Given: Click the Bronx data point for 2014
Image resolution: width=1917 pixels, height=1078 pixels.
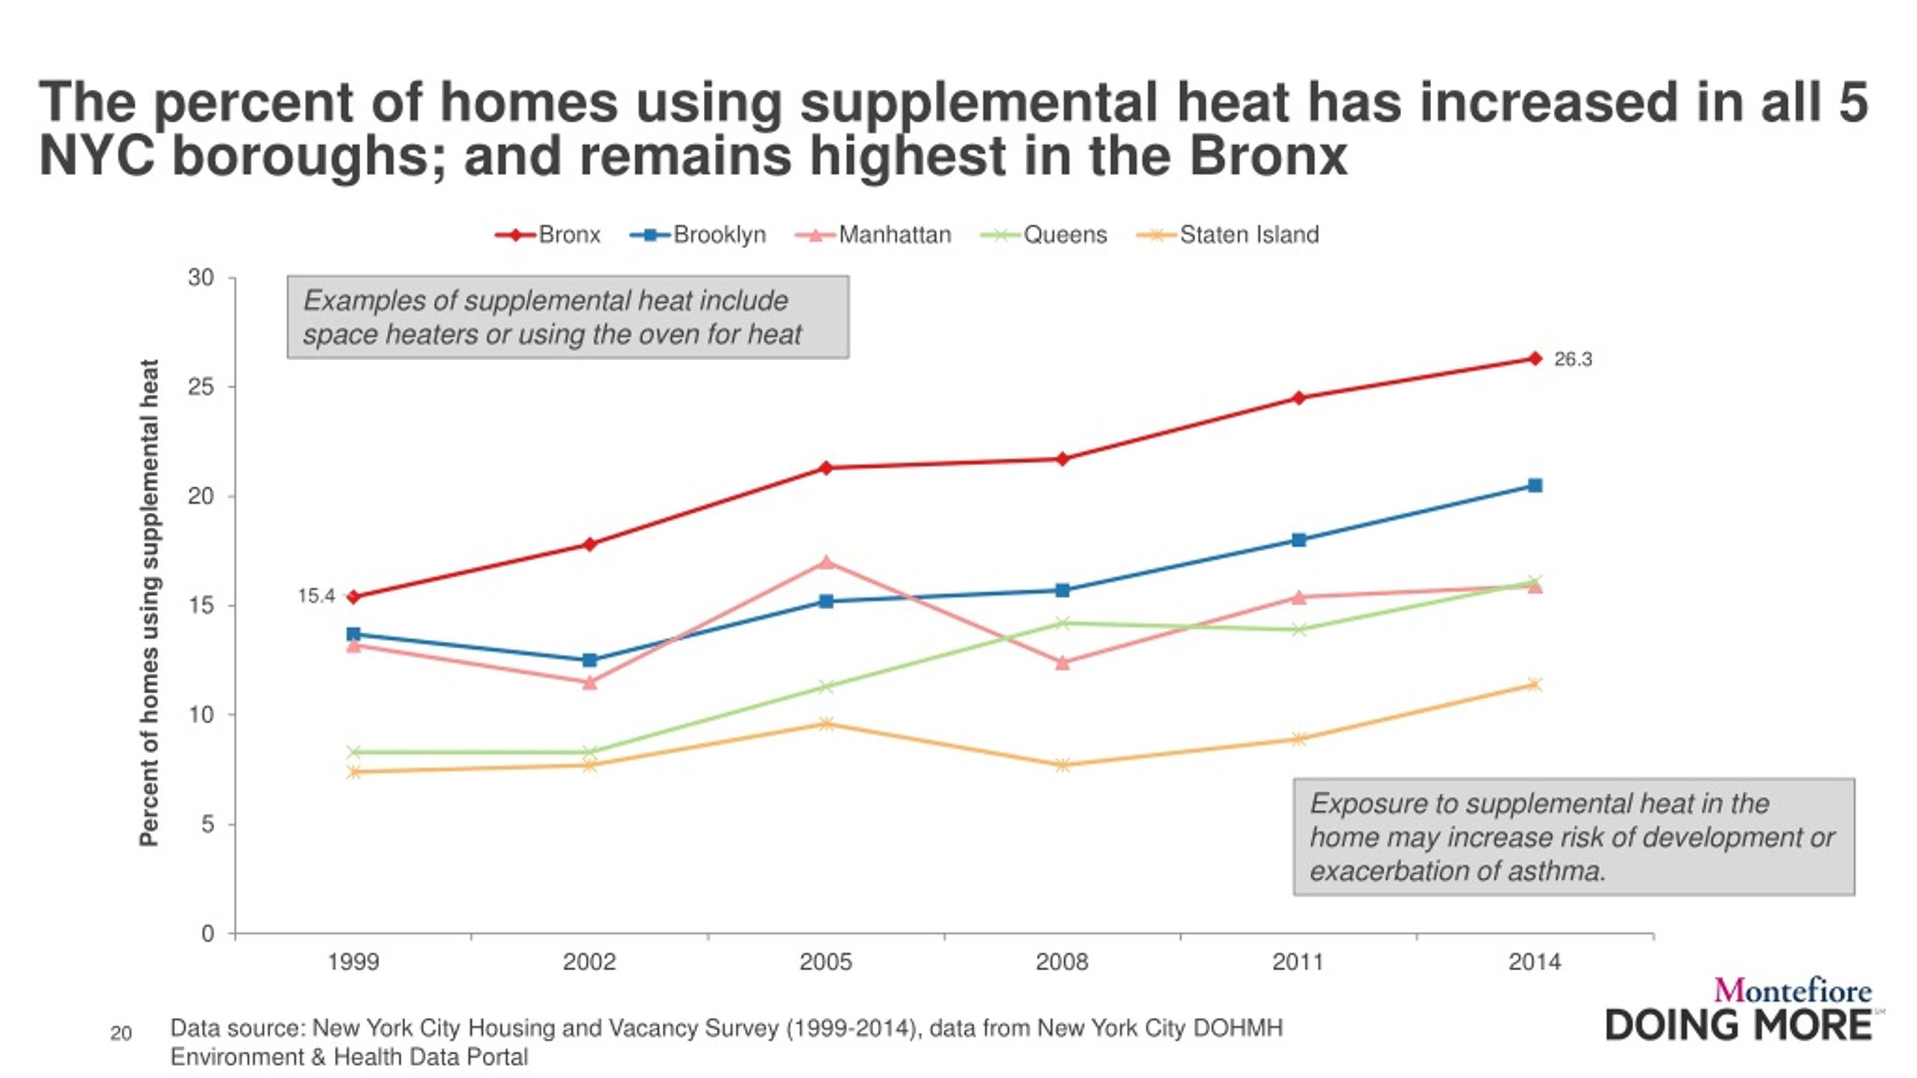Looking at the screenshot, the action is [x=1534, y=359].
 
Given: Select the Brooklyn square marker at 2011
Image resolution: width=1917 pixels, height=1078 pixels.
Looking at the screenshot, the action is [x=1298, y=540].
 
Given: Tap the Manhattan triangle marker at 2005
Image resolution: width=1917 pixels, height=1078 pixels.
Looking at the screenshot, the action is [x=826, y=561].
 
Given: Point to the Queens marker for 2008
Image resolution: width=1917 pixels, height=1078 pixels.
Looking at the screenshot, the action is [x=1062, y=623].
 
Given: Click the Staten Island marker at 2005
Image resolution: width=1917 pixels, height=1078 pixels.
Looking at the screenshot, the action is [x=826, y=723].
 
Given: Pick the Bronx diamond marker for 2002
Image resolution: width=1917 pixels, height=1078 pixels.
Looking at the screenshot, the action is [x=589, y=544].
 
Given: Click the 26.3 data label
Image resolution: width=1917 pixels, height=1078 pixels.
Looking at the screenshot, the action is [x=1573, y=359].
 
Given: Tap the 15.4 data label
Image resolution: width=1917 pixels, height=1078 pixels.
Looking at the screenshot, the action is [x=316, y=596].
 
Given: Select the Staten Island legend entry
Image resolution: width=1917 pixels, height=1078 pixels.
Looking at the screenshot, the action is [x=1228, y=235].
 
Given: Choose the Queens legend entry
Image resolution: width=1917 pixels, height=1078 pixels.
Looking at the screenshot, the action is [x=1044, y=235].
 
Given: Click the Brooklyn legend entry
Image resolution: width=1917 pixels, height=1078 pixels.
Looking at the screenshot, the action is [x=698, y=235].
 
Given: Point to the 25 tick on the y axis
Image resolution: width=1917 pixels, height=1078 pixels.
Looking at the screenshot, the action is [x=201, y=387].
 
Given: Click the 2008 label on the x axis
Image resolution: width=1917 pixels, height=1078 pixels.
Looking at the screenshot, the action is [x=1062, y=961].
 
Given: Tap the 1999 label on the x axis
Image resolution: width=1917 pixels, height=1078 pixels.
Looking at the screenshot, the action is [x=353, y=961].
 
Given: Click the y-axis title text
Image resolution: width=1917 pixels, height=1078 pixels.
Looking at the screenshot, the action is [x=149, y=603].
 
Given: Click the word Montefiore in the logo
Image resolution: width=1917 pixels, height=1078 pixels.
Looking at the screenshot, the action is [x=1793, y=991].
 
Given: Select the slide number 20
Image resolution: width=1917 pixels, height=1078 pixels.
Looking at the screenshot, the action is [x=121, y=1034].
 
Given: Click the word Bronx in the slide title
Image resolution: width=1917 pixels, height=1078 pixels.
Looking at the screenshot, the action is [x=1269, y=156].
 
